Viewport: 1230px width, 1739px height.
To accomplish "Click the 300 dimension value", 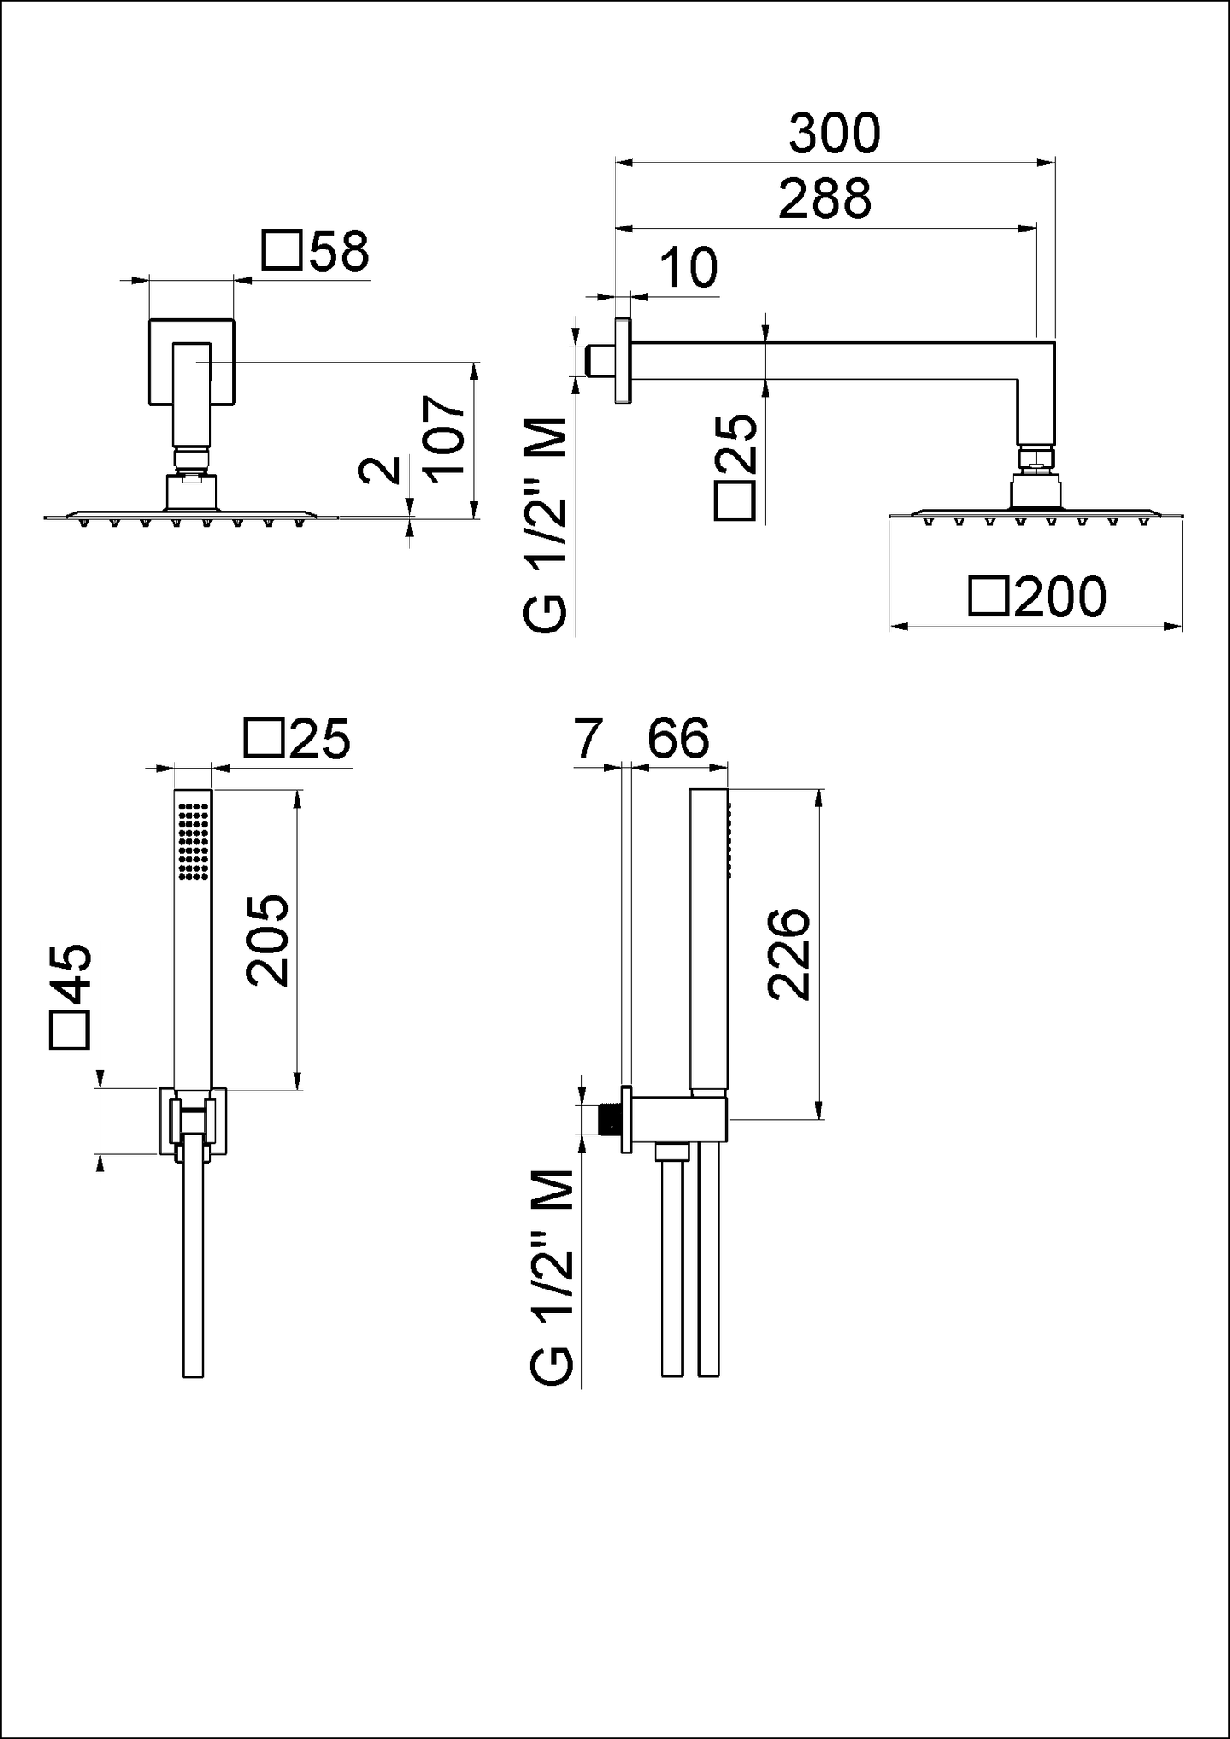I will (834, 134).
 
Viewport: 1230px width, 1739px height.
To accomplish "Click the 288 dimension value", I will (825, 199).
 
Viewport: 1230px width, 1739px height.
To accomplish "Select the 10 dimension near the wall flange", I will (689, 268).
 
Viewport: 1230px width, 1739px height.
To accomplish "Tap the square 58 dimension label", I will (316, 252).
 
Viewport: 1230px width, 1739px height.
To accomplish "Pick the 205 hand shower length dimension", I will (268, 940).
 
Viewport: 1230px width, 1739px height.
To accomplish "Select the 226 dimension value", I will (787, 953).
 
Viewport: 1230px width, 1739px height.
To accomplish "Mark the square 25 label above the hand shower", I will (297, 738).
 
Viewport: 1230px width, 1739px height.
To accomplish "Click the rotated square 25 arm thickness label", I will (735, 466).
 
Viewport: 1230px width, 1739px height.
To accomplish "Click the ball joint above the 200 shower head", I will (1036, 460).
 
